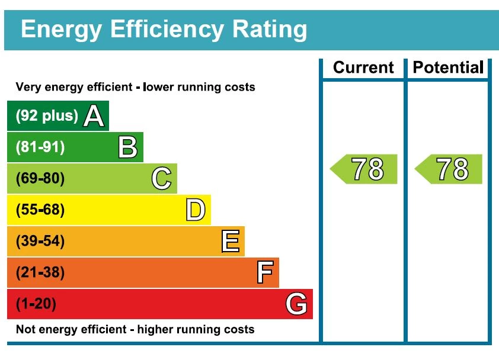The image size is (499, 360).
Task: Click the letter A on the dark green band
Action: (94, 116)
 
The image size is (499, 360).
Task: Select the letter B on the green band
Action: (127, 147)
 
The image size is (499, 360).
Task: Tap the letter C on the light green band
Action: (161, 179)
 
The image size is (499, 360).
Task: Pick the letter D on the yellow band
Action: (196, 210)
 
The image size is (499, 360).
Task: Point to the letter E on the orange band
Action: (230, 242)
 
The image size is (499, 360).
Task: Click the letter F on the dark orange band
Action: (265, 273)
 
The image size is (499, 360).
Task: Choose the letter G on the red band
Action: (296, 304)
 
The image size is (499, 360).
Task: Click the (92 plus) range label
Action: (47, 116)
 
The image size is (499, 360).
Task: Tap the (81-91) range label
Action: (40, 147)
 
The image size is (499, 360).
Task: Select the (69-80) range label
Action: (40, 179)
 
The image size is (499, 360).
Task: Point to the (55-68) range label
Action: (40, 210)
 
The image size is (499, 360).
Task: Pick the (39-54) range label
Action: (40, 242)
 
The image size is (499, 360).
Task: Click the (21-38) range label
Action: (40, 273)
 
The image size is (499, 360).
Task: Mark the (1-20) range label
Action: (36, 304)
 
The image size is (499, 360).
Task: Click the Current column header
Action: (363, 67)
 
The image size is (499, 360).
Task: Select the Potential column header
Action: (448, 67)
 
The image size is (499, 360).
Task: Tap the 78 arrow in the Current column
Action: (364, 169)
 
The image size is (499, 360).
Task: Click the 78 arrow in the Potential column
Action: (449, 169)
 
